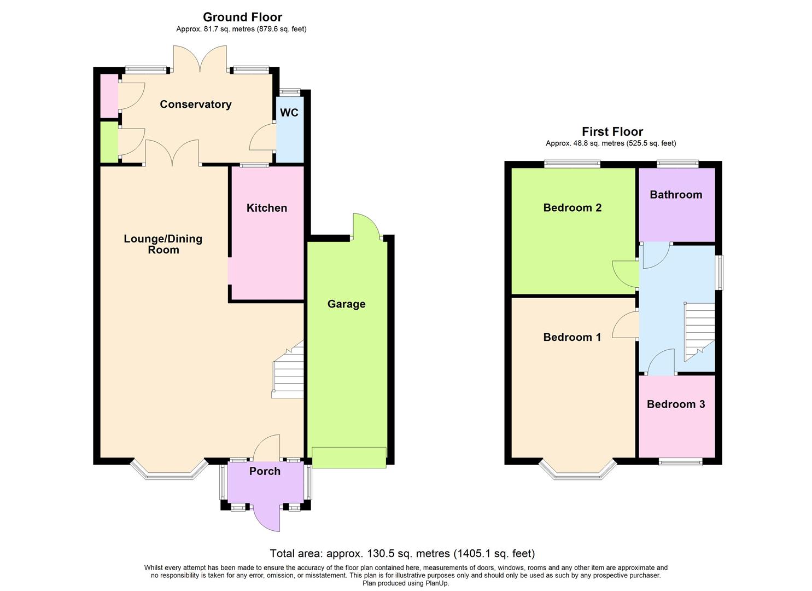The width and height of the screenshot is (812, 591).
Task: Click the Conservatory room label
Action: pos(195,105)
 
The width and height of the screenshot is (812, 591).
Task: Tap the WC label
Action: pos(289,113)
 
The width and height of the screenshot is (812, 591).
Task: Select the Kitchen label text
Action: pos(266,208)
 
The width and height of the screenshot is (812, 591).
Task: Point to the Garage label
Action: pos(346,304)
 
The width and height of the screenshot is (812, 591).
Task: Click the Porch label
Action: pos(265,471)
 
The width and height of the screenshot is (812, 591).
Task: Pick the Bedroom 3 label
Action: pos(676,404)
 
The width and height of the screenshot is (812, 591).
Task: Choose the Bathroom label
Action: pos(676,195)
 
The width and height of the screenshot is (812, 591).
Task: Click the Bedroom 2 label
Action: pos(572,208)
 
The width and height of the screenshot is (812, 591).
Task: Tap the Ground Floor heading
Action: pos(242,17)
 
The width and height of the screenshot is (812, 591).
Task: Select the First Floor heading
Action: pos(612,131)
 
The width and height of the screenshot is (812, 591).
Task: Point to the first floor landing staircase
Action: pos(699,331)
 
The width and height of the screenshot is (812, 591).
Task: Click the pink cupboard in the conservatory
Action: pos(108,95)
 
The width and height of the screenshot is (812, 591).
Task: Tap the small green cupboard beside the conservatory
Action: pos(108,142)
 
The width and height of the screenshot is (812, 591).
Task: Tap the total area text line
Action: pos(402,553)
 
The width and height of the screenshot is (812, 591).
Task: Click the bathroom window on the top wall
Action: pos(677,163)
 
